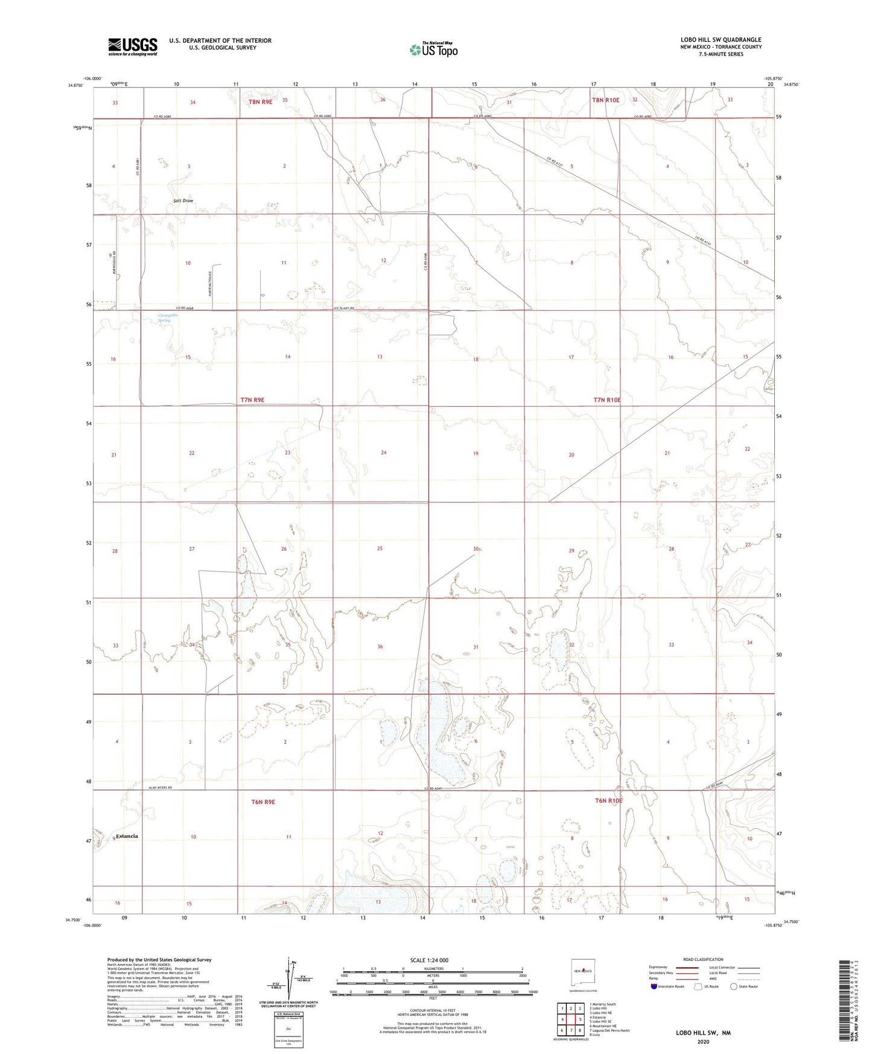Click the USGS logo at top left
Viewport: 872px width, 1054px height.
[x=133, y=46]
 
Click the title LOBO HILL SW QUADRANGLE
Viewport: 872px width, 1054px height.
[x=721, y=40]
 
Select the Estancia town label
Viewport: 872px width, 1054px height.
[x=127, y=836]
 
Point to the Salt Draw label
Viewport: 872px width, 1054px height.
[x=183, y=200]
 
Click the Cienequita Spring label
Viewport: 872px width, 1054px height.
[x=164, y=318]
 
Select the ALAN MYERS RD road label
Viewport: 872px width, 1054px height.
[x=161, y=788]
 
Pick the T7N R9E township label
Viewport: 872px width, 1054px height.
[x=252, y=400]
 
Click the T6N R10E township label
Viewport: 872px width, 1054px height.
[x=608, y=800]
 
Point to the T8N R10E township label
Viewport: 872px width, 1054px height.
[x=605, y=100]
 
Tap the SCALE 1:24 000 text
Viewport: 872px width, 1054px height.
[x=429, y=960]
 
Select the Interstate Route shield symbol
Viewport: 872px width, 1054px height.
[x=654, y=986]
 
